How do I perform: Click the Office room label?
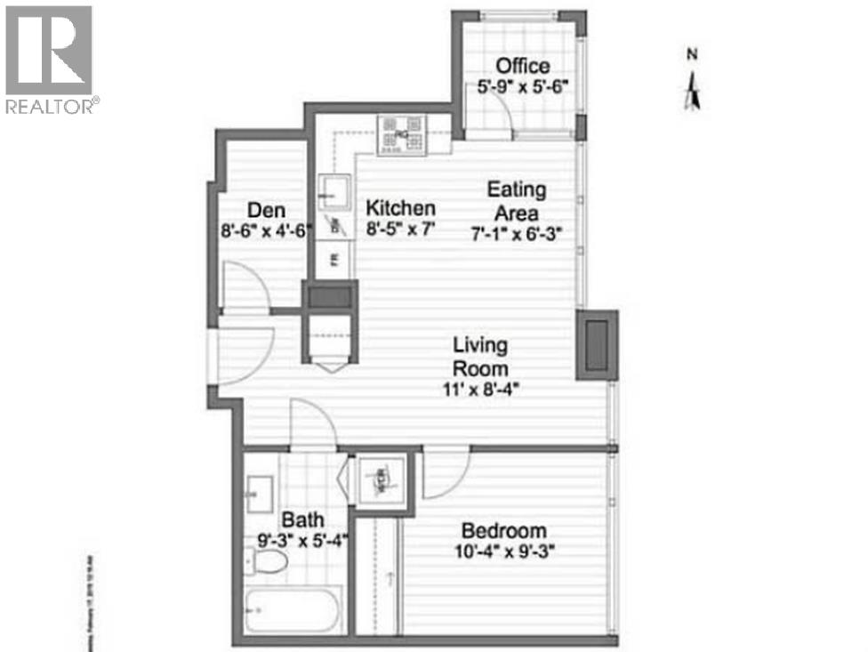tap(522, 66)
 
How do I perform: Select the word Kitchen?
tap(401, 208)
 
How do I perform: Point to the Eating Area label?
tap(516, 201)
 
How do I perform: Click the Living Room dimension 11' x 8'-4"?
tap(480, 388)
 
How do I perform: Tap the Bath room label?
tap(302, 519)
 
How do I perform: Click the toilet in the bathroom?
tap(266, 561)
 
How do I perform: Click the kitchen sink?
tap(335, 189)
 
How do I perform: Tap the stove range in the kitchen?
tap(402, 134)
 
